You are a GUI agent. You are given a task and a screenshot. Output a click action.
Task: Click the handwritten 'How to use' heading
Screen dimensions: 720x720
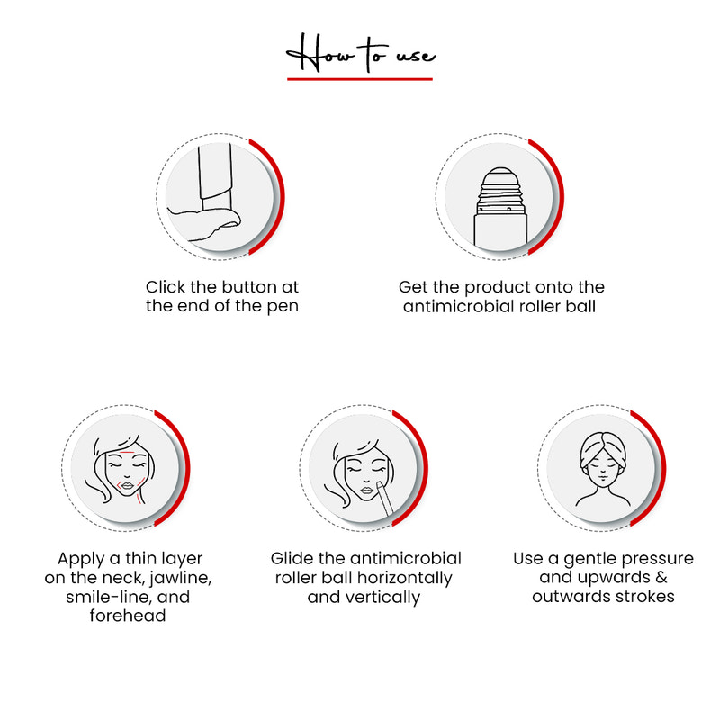pos(360,56)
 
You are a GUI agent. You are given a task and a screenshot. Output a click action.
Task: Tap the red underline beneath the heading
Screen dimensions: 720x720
pos(360,79)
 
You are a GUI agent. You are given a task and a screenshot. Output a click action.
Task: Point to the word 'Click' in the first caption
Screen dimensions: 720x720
pos(166,287)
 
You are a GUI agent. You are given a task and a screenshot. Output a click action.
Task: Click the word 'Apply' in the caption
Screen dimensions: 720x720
pos(80,559)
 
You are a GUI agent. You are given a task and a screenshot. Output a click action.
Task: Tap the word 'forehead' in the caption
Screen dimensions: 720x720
pos(128,616)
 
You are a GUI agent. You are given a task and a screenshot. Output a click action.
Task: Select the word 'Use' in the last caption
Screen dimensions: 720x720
pos(528,559)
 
